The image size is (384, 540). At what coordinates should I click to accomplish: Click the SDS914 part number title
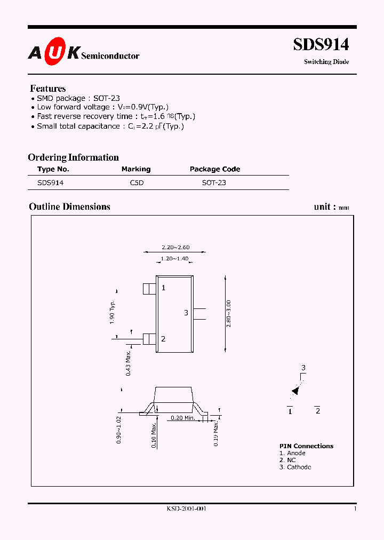click(x=321, y=45)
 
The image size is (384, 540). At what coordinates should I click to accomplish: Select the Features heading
click(x=48, y=89)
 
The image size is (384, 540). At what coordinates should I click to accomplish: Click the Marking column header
click(x=136, y=169)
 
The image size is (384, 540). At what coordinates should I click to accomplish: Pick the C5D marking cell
click(x=137, y=182)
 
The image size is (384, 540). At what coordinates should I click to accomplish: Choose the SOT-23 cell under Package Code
click(x=214, y=182)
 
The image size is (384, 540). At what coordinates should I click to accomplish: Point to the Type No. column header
click(x=53, y=169)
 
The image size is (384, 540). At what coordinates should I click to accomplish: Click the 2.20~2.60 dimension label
click(x=175, y=247)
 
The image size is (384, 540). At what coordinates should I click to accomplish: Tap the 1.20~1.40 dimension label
click(x=174, y=259)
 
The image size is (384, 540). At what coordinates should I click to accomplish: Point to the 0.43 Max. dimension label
click(x=129, y=363)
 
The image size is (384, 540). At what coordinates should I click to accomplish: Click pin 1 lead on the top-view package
click(x=149, y=289)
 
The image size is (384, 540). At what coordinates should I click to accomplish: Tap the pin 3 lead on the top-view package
click(x=199, y=314)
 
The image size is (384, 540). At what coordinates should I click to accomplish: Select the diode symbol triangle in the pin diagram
click(x=295, y=391)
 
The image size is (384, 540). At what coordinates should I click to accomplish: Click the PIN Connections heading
click(x=306, y=446)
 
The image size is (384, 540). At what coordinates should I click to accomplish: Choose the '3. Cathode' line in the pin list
click(x=295, y=467)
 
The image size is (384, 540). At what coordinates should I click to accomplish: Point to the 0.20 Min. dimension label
click(x=182, y=418)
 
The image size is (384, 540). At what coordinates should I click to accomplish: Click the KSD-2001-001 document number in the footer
click(x=186, y=509)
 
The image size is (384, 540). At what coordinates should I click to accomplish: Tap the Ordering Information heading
click(x=73, y=157)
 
